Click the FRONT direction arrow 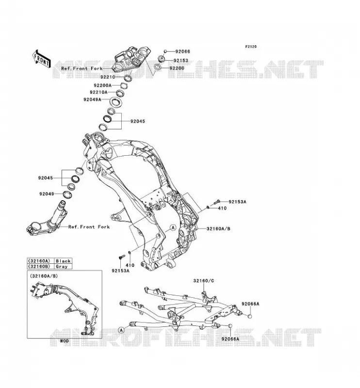41,59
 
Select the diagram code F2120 251,47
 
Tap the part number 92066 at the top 183,51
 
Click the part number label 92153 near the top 181,60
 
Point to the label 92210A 98,92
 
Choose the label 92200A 102,85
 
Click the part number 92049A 92,99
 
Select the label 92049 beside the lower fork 47,194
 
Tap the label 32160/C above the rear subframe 204,281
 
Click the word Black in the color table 63,261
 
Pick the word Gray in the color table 62,266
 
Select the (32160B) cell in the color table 39,266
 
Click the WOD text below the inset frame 65,341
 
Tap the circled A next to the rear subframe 121,330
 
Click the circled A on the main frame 173,227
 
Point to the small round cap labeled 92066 165,51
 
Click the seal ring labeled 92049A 115,102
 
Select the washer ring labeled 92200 157,67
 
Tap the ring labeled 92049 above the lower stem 67,194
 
